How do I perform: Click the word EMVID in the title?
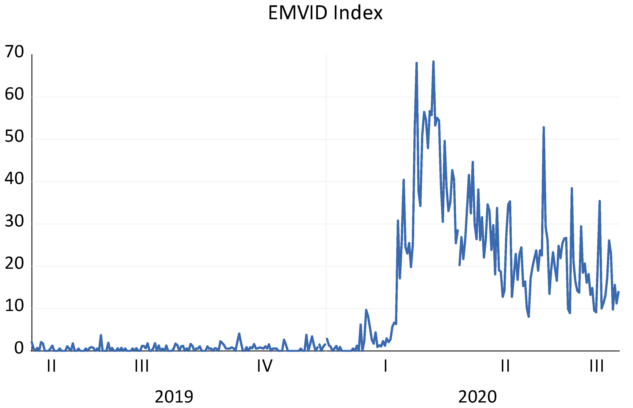click(298, 13)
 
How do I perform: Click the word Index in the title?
click(358, 13)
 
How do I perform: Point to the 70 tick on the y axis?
click(14, 52)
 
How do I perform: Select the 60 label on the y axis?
click(14, 94)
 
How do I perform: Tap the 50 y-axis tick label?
click(14, 136)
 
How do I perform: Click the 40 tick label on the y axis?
click(14, 179)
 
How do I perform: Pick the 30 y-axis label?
click(14, 221)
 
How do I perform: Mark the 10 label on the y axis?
click(14, 306)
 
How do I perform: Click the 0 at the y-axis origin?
click(19, 348)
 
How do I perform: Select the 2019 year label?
click(174, 397)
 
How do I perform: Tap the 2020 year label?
click(477, 397)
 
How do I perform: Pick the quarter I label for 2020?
click(385, 366)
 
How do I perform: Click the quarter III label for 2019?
click(142, 366)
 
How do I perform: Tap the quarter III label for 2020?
click(596, 366)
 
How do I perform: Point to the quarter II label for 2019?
click(51, 366)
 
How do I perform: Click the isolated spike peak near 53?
click(543, 127)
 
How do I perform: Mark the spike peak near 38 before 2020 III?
click(572, 188)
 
